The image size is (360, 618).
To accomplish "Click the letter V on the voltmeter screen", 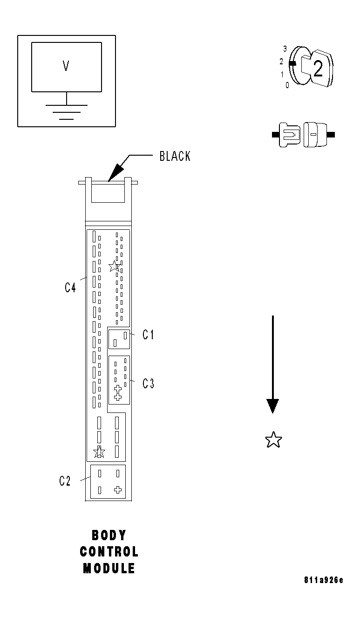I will tap(66, 66).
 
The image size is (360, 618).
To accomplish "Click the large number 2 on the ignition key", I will tap(318, 69).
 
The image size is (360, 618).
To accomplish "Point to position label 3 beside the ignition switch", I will tap(285, 48).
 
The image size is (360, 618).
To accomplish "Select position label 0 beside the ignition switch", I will tap(287, 85).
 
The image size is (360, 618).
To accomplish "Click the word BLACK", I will tap(175, 156).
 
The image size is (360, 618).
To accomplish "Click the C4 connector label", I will tap(70, 288).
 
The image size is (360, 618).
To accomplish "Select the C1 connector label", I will tap(148, 335).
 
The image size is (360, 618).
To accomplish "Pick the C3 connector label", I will tap(148, 384).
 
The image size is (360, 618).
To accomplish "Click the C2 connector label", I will tap(65, 481).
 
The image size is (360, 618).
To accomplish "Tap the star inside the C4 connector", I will tap(114, 266).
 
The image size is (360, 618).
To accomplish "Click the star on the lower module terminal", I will tap(99, 452).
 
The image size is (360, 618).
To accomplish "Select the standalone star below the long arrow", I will tap(273, 439).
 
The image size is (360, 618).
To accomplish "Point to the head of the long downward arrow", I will tap(272, 406).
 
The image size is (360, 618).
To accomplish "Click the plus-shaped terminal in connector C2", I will tap(118, 490).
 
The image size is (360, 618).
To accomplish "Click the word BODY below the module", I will tap(109, 535).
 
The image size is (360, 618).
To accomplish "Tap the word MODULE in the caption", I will tap(109, 569).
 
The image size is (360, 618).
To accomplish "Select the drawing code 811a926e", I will tap(323, 580).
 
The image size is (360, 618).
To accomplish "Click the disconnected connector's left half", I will tap(289, 135).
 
